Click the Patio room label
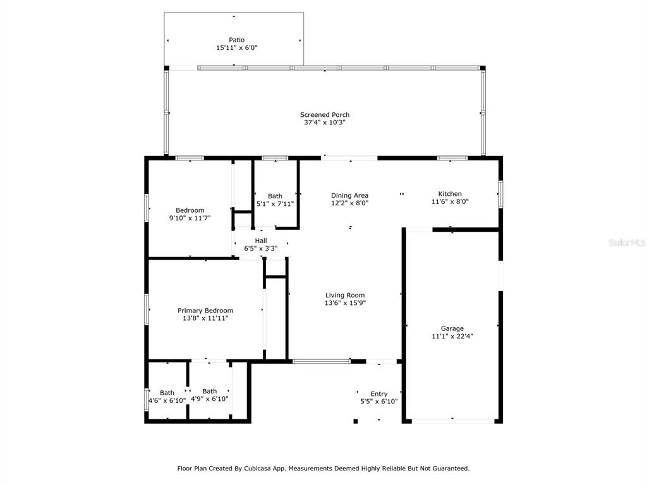click(236, 40)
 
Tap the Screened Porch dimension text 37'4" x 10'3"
click(325, 123)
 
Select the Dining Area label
click(349, 196)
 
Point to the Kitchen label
click(450, 194)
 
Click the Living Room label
click(345, 296)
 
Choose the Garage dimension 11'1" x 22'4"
click(452, 336)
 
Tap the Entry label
click(379, 394)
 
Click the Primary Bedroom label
click(205, 311)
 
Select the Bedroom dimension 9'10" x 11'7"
click(190, 218)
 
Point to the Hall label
click(261, 241)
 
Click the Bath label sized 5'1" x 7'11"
click(275, 196)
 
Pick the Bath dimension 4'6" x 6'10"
click(167, 400)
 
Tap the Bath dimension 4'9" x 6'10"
click(209, 399)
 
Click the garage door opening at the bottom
click(452, 421)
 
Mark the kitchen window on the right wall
click(500, 194)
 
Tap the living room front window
click(322, 361)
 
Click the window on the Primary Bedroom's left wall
click(147, 309)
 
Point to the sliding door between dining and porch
click(349, 157)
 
